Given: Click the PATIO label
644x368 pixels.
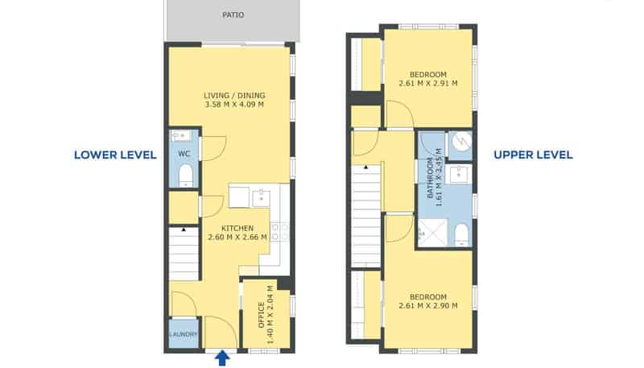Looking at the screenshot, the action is [233, 15].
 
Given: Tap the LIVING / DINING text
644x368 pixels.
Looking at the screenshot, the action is [234, 96].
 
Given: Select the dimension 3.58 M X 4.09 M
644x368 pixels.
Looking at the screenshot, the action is [234, 105].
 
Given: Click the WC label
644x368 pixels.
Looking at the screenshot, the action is [184, 154].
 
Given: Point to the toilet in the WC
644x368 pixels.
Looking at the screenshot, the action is [186, 176].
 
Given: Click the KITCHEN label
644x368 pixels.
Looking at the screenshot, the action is [237, 229].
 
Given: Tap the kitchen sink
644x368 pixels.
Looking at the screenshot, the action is [261, 197].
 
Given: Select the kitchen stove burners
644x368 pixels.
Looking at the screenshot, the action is [279, 231].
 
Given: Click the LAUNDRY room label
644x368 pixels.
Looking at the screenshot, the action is [184, 334].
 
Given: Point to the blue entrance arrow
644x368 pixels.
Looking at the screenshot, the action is [222, 358].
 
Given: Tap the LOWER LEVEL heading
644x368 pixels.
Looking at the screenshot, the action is [115, 155].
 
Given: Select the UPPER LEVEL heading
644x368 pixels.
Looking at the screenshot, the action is [533, 155].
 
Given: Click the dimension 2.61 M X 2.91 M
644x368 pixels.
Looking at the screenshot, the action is [428, 84].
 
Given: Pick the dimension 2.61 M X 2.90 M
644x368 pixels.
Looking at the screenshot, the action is [428, 305].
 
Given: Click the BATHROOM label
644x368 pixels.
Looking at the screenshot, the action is [430, 178].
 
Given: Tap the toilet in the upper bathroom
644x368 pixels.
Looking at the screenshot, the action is [461, 234].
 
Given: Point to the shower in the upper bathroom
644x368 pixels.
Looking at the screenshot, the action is [432, 233].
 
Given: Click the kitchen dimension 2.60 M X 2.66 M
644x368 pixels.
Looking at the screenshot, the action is [237, 238].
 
